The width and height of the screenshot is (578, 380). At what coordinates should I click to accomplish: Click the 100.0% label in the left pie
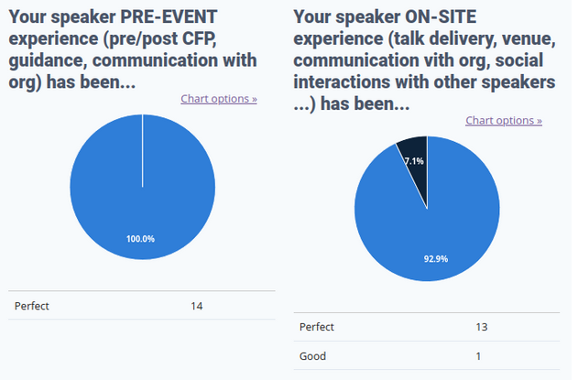[x=140, y=239]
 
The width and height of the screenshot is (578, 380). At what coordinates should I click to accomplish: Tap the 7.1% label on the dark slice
[x=414, y=161]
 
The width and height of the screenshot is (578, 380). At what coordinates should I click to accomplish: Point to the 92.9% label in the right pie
[x=436, y=259]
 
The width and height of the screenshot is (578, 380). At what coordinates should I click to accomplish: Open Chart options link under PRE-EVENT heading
[x=219, y=99]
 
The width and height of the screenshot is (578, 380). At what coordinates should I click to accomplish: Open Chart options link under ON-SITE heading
[x=504, y=121]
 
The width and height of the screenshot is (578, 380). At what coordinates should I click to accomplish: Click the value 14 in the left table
[x=196, y=306]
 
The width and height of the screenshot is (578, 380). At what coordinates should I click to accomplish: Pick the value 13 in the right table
[x=482, y=327]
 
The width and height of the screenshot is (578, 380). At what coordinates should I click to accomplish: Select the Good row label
[x=312, y=356]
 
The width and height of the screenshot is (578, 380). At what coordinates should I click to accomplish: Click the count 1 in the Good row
[x=478, y=356]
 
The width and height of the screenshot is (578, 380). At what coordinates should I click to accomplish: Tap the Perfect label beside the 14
[x=32, y=306]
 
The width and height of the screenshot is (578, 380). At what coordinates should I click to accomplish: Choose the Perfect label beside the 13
[x=317, y=327]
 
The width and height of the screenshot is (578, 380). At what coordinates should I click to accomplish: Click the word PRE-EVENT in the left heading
[x=169, y=17]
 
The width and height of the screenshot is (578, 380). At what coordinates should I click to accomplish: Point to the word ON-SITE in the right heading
[x=441, y=17]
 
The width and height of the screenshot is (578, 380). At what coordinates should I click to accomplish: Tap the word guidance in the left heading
[x=48, y=61]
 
